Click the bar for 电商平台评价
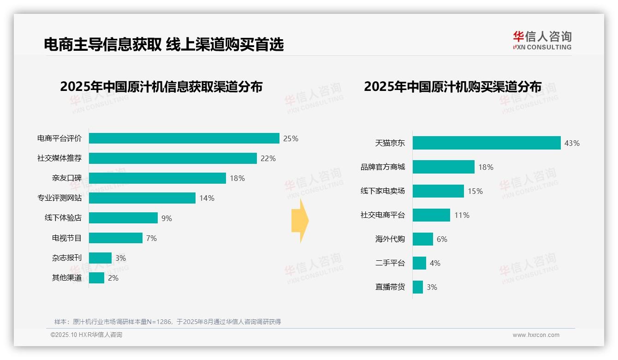click(184, 138)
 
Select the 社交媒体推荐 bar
click(172, 158)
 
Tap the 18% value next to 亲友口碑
click(237, 178)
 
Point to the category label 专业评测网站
click(59, 198)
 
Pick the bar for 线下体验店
click(123, 218)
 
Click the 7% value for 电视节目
click(151, 238)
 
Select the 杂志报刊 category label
click(67, 258)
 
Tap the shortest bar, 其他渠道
click(96, 278)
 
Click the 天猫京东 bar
click(487, 143)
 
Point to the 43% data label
click(572, 143)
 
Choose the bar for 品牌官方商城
click(443, 167)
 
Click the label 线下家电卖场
click(383, 191)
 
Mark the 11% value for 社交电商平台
click(462, 215)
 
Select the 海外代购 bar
click(422, 239)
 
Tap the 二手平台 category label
click(390, 263)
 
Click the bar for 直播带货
click(417, 287)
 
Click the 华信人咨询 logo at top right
click(542, 40)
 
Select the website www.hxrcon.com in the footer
click(536, 335)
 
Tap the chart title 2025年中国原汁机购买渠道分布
click(452, 87)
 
